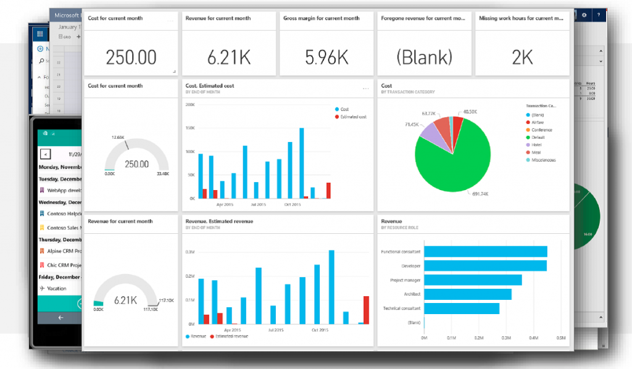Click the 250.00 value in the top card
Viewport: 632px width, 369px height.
[x=131, y=57]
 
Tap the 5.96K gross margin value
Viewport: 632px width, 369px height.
[x=326, y=57]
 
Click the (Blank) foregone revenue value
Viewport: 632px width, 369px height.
[x=424, y=57]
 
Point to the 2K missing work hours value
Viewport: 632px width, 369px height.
[x=522, y=57]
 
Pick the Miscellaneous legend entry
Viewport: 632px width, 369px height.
[x=543, y=160]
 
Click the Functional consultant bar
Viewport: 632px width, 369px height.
[x=486, y=251]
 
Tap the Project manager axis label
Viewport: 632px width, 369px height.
[x=405, y=280]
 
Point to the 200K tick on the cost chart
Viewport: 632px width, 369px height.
[x=189, y=105]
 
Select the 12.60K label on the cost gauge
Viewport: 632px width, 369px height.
[x=118, y=137]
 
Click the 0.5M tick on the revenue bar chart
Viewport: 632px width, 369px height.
[x=560, y=338]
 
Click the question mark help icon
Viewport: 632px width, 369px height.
[x=597, y=14]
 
